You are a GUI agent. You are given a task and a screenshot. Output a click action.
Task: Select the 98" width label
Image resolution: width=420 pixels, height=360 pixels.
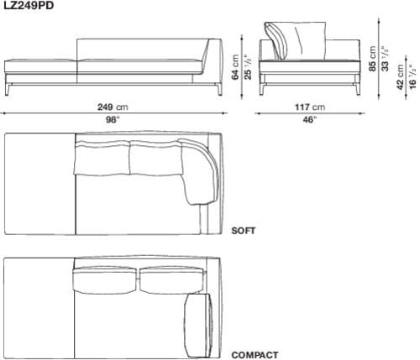(x=111, y=120)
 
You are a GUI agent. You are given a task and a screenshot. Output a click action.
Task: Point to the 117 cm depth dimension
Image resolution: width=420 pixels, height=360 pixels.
(x=308, y=107)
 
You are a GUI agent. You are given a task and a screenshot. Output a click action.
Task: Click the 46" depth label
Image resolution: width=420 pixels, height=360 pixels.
(x=308, y=120)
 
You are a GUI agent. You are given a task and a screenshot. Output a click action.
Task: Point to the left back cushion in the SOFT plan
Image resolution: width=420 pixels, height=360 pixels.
(x=102, y=158)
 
